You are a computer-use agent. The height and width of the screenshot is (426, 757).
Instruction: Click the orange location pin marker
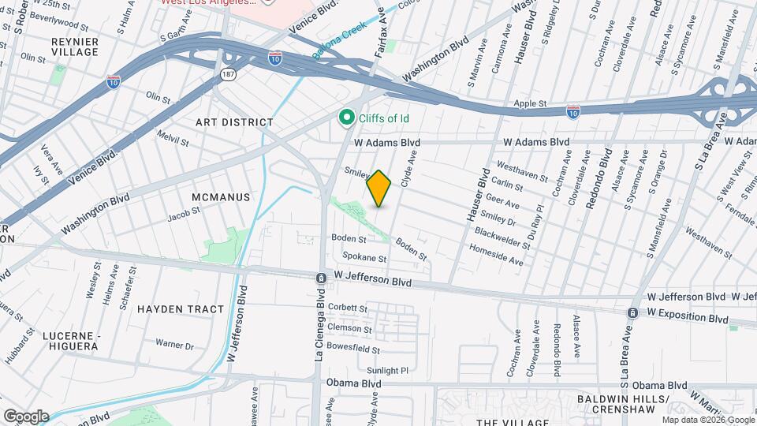379,189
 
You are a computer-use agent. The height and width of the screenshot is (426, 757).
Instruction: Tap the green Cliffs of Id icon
345,118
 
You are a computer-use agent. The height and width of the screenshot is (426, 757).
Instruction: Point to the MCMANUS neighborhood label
221,196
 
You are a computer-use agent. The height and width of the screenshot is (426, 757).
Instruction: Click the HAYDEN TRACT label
181,309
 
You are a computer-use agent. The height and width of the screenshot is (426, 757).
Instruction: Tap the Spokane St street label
364,258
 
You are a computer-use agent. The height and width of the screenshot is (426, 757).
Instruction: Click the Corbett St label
349,308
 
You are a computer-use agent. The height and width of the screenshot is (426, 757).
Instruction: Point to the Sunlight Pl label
387,370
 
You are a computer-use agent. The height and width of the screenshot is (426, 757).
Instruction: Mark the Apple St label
530,103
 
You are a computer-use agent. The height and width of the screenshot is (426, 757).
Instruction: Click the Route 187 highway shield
227,73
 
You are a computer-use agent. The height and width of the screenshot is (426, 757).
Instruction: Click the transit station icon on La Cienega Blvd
321,278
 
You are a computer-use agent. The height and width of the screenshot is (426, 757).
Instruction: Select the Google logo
26,417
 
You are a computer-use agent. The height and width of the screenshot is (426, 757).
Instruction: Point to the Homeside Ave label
497,254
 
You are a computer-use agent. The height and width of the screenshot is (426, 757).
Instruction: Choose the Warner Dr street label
174,345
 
